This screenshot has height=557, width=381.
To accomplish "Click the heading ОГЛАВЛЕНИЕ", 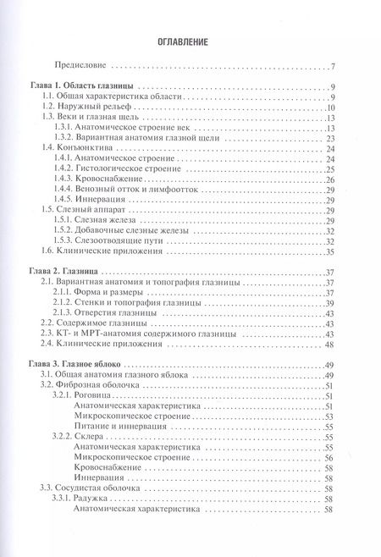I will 190,41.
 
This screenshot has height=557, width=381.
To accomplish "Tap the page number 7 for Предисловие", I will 334,67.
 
